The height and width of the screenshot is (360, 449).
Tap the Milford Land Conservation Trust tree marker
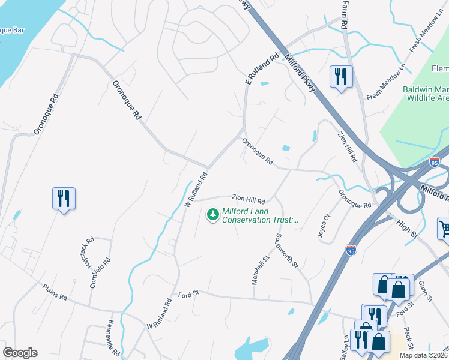(x=212, y=214)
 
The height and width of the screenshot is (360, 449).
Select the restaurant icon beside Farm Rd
(x=340, y=77)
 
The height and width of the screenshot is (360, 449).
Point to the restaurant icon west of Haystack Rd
(x=64, y=198)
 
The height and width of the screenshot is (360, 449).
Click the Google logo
(x=20, y=353)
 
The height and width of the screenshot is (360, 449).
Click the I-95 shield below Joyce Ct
(x=351, y=250)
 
